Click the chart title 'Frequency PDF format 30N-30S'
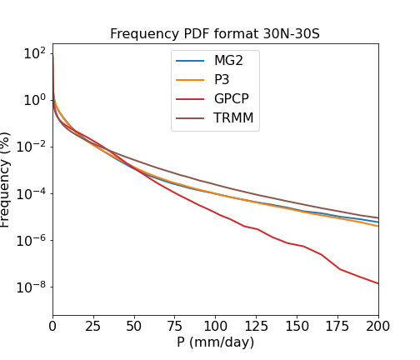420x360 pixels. click(215, 34)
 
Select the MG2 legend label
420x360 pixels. click(228, 61)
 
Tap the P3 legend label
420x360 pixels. click(222, 80)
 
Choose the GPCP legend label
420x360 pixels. click(232, 98)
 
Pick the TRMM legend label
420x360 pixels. click(233, 117)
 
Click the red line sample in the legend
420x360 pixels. click(190, 99)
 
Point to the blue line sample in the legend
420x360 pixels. click(190, 61)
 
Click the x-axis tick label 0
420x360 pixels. click(52, 326)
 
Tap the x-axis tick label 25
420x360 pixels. click(92, 326)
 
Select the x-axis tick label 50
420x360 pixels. click(133, 326)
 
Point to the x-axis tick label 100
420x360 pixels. click(215, 326)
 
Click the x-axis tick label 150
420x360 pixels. click(297, 326)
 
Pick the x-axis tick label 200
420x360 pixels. click(378, 326)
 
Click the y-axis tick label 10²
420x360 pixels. click(35, 53)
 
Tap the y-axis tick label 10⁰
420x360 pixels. click(35, 100)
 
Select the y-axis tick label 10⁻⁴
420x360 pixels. click(31, 193)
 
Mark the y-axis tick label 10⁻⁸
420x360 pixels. click(31, 287)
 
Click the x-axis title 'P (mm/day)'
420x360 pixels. click(216, 342)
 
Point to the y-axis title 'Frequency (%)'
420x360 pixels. click(5, 180)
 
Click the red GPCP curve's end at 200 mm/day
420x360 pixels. click(378, 283)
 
